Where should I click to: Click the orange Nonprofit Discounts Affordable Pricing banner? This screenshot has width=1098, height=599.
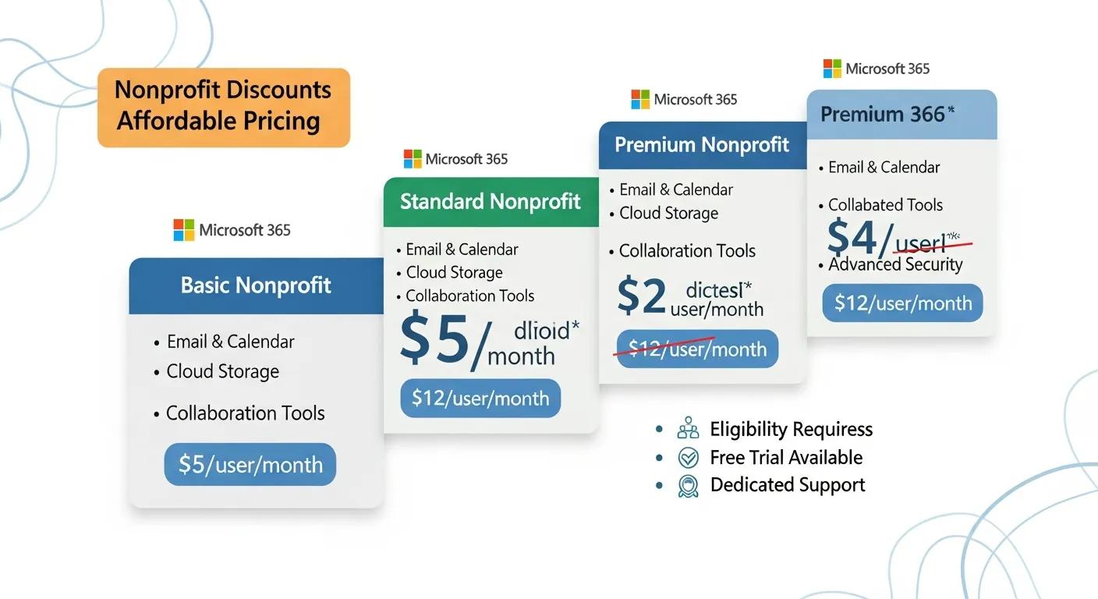point(224,107)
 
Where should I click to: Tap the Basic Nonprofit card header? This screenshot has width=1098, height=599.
point(256,285)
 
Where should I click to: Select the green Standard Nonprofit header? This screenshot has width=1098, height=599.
point(491,202)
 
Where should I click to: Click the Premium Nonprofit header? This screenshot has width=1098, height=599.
point(702,145)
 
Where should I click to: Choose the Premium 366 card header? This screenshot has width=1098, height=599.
point(901,115)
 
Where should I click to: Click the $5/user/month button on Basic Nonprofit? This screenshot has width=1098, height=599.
point(250,465)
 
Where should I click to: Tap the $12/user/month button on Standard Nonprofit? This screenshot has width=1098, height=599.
point(480,399)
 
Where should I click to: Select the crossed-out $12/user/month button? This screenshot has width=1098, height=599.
point(697,349)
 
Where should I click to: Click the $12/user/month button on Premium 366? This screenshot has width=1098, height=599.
point(903,303)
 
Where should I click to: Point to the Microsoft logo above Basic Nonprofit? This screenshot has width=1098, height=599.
point(184,230)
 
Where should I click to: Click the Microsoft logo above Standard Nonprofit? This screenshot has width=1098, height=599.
point(413,159)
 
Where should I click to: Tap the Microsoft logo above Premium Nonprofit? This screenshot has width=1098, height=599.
point(640,99)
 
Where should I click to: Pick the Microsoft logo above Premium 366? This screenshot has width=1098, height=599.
point(833,69)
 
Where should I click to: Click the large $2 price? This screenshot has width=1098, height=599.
point(642,297)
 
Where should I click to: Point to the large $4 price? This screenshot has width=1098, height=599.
point(852,237)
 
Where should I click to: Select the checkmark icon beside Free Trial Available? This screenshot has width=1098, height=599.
point(689,458)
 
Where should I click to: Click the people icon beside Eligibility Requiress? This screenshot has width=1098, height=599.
point(689,429)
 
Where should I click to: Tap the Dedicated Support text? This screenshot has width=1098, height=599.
point(788,485)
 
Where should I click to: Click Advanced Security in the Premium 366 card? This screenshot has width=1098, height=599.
point(895,264)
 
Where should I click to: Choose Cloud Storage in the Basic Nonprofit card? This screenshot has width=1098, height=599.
point(223,372)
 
